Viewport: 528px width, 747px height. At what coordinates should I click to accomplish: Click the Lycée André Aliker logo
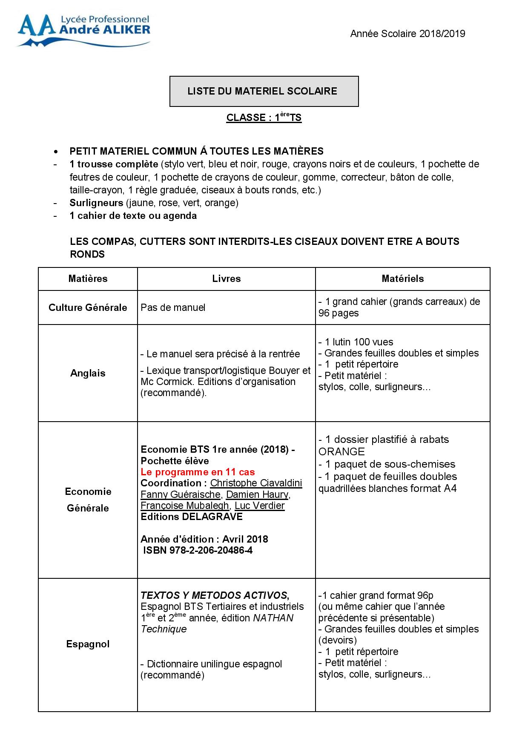tap(83, 30)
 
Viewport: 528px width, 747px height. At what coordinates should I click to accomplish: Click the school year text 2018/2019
tap(407, 34)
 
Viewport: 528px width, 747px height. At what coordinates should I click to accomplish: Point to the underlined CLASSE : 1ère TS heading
tap(264, 118)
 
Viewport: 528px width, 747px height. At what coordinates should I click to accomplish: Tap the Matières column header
tap(88, 279)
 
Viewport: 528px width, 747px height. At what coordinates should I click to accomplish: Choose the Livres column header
tap(227, 279)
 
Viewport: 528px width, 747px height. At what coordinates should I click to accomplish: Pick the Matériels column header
tap(402, 279)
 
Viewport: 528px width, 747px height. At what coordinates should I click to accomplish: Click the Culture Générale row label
tap(88, 307)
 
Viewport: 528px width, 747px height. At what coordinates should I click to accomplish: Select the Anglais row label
tap(88, 373)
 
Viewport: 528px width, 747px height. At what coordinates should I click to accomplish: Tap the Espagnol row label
tap(88, 644)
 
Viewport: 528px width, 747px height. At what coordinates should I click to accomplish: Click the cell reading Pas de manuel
tap(173, 307)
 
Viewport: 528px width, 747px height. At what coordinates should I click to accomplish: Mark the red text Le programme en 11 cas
tap(198, 472)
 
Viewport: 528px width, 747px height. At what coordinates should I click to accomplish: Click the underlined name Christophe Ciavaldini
tap(256, 483)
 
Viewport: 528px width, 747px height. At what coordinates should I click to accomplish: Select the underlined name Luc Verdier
tap(259, 506)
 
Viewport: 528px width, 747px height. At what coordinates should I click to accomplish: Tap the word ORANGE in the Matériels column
tap(341, 451)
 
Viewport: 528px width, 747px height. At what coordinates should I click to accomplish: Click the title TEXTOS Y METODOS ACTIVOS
tap(215, 595)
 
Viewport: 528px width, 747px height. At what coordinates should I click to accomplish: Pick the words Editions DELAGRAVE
tap(192, 517)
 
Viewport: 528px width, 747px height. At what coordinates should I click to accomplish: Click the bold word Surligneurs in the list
tap(96, 203)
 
